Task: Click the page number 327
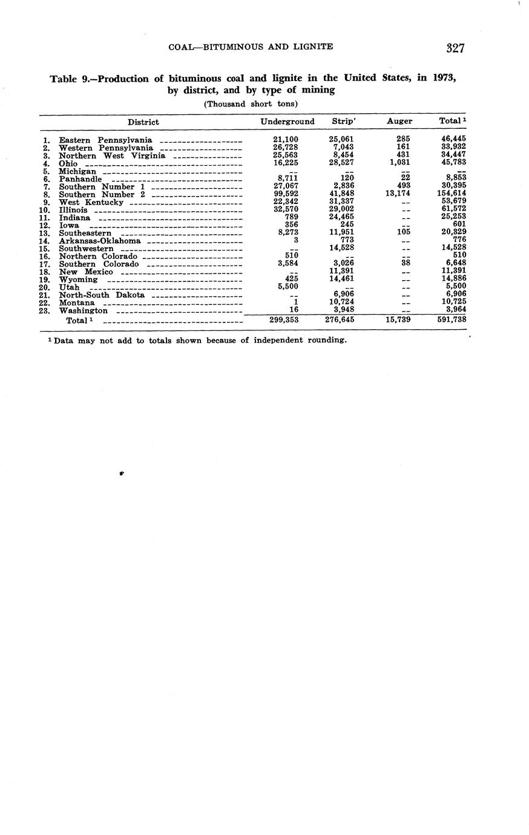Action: click(455, 48)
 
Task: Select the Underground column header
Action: click(287, 122)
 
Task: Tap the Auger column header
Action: click(399, 122)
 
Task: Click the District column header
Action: click(143, 122)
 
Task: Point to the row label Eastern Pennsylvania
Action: click(105, 140)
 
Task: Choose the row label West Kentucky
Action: click(91, 202)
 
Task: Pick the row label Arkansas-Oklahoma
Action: click(99, 241)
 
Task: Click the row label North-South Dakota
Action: click(102, 295)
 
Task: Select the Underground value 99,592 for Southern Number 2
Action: click(286, 194)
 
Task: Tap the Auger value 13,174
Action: click(398, 194)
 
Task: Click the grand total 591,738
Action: click(451, 319)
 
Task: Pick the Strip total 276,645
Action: click(340, 319)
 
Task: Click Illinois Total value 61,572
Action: click(453, 210)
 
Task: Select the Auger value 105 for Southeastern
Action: click(402, 233)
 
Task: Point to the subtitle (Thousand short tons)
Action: click(251, 104)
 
